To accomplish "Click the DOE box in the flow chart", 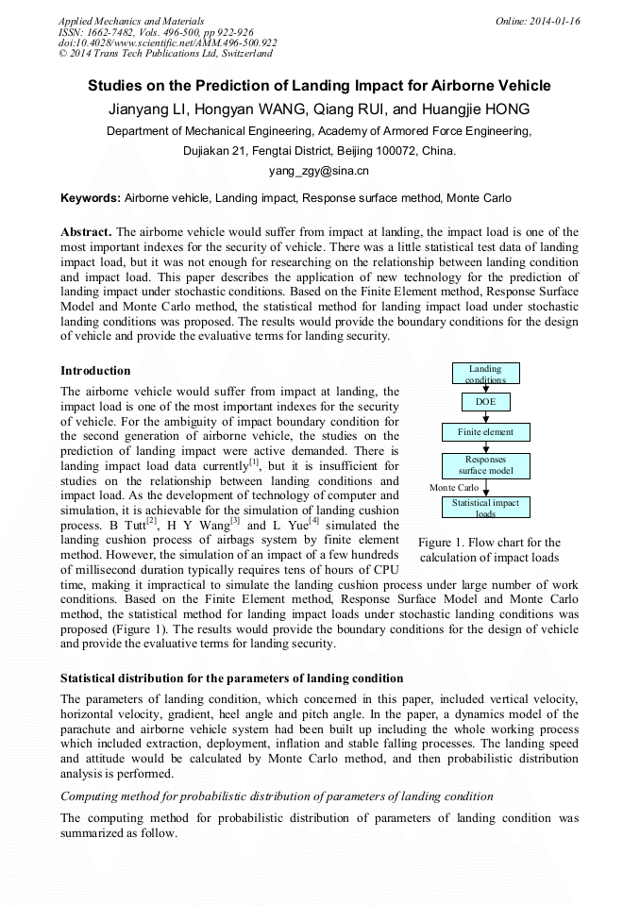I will [x=485, y=402].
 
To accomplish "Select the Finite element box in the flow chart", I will [x=485, y=432].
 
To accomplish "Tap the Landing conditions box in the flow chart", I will [x=485, y=374].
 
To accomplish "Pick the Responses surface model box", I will [x=485, y=465].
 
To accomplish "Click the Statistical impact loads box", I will [x=485, y=508].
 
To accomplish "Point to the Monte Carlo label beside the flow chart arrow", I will [x=454, y=487].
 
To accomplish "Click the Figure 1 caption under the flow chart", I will [x=488, y=550].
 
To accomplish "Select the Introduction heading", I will [x=95, y=370].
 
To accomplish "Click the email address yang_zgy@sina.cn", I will [x=318, y=171].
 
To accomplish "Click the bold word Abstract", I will [x=86, y=231].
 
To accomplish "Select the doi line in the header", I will [x=167, y=42].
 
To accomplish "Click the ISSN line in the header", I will [x=155, y=31].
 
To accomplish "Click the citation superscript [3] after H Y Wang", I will [x=235, y=520].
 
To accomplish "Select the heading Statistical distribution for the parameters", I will [x=231, y=678].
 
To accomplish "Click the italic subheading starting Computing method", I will [x=277, y=796].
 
